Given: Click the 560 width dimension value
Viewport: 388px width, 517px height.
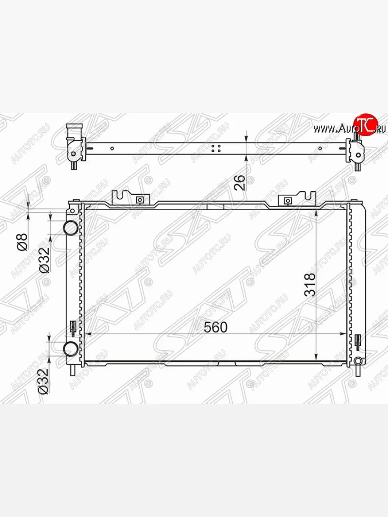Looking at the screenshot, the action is pyautogui.click(x=215, y=327).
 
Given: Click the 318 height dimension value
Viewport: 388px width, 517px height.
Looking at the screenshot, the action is pyautogui.click(x=310, y=284).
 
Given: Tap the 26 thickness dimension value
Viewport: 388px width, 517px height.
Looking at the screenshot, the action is pyautogui.click(x=240, y=183).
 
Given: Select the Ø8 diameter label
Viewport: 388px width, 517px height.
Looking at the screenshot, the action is pyautogui.click(x=22, y=242).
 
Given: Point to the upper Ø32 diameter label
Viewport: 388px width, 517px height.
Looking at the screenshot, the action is pyautogui.click(x=44, y=260).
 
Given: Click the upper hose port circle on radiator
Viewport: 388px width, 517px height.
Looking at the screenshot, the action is pyautogui.click(x=71, y=228).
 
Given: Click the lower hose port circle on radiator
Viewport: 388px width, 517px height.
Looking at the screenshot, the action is pyautogui.click(x=71, y=349).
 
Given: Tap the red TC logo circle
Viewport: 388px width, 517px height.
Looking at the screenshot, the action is pyautogui.click(x=366, y=125).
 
